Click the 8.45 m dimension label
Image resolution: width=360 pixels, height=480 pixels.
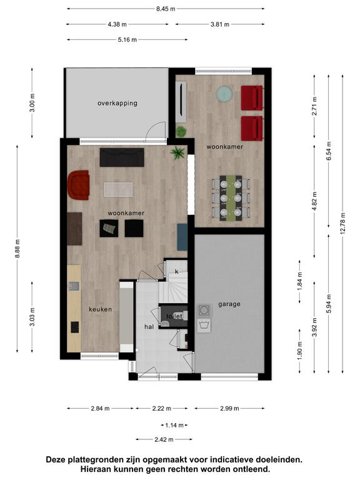(166, 9)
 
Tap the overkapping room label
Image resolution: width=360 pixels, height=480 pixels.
(117, 103)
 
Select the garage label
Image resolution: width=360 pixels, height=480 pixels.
(229, 304)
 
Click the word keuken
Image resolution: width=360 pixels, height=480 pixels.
(101, 309)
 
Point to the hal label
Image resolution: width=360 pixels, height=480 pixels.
(149, 327)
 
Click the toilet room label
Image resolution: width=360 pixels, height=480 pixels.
(174, 316)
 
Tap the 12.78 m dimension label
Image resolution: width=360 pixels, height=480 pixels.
(342, 224)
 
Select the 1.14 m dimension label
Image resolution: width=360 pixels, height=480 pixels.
(174, 425)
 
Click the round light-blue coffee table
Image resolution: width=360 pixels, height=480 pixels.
(225, 93)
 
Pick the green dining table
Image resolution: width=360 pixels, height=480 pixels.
(231, 197)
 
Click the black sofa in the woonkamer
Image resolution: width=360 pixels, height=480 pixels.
(122, 157)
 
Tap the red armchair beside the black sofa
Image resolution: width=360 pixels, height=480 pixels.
(78, 185)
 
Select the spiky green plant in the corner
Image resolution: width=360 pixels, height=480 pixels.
(178, 152)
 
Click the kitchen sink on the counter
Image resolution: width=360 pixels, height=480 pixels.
(74, 286)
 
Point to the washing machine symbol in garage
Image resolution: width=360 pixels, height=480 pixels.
(204, 326)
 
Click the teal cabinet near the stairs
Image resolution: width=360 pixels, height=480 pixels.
(182, 237)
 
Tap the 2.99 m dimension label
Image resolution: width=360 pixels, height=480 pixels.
(229, 408)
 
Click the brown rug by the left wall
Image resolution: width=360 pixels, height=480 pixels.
(74, 229)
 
